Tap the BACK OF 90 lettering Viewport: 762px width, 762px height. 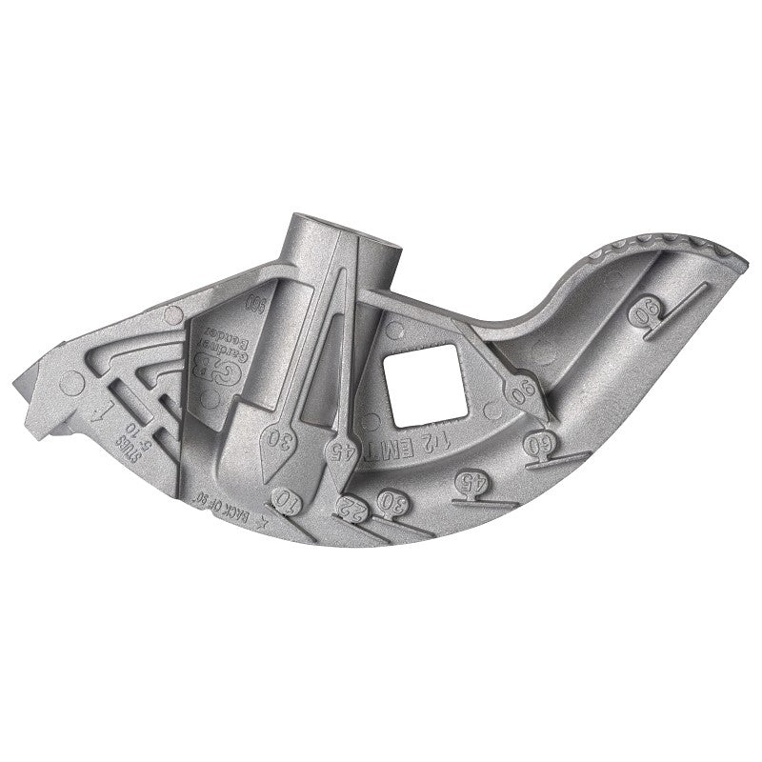(x=188, y=507)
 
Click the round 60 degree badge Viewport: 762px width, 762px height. (x=539, y=443)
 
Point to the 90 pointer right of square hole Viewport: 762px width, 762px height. (x=522, y=391)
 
